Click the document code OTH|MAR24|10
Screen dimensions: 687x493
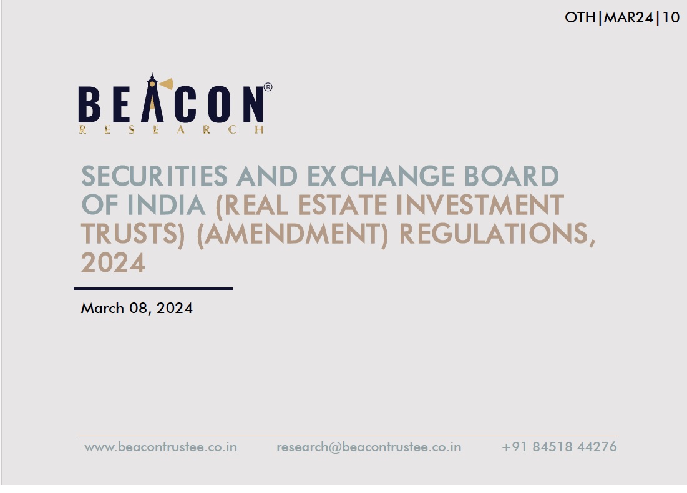[x=622, y=17]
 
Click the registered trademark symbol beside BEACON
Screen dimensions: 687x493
[x=268, y=87]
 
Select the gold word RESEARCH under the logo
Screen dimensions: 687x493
[x=172, y=129]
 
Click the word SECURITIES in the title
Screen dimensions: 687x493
[x=154, y=176]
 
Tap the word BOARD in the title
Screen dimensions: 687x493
[x=511, y=176]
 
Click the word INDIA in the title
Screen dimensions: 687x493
[x=166, y=206]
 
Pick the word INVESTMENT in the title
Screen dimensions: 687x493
[x=480, y=206]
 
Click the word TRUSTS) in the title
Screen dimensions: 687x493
[x=133, y=234]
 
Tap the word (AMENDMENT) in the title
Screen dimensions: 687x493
[x=292, y=234]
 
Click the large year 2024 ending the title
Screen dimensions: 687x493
[x=112, y=262]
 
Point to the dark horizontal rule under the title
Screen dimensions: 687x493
[x=153, y=289]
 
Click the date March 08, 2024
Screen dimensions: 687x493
[x=137, y=308]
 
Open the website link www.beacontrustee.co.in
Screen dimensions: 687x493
[x=161, y=447]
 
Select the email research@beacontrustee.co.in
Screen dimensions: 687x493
[x=369, y=447]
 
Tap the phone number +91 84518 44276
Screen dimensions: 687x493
[x=560, y=447]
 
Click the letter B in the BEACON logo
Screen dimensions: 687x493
[x=89, y=104]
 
